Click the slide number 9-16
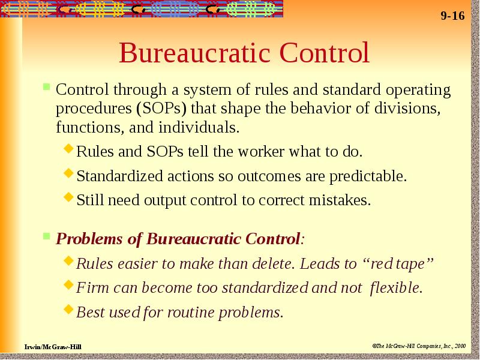[x=452, y=16]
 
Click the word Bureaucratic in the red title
[x=194, y=53]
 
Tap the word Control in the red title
[x=325, y=53]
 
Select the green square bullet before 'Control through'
[x=47, y=86]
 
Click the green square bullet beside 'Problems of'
[x=47, y=236]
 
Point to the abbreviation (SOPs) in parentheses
[x=161, y=109]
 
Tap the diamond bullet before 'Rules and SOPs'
[x=69, y=149]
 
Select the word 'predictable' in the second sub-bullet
[x=367, y=176]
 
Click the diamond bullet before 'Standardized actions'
[x=69, y=173]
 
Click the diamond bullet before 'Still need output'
[x=69, y=197]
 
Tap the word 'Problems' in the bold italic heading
[x=89, y=239]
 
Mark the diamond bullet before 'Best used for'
[x=69, y=309]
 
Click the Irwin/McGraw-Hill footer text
[x=53, y=347]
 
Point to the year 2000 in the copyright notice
[x=460, y=346]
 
